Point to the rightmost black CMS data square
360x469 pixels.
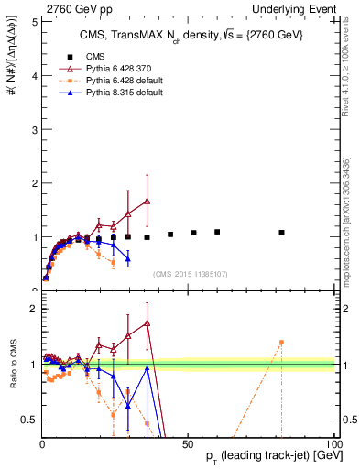pos(281,233)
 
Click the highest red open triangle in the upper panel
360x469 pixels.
pos(147,201)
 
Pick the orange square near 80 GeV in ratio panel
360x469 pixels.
pos(281,343)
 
